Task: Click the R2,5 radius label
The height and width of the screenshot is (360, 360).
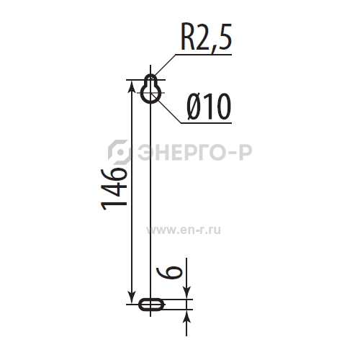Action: tap(207, 37)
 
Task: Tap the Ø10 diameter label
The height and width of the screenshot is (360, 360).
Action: tap(209, 107)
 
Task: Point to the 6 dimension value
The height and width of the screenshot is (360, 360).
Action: tap(169, 273)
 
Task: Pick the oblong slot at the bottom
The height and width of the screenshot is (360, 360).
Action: tap(151, 305)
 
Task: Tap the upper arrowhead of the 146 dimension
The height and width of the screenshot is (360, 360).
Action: tap(132, 86)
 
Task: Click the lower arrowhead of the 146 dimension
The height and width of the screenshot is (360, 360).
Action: tap(132, 298)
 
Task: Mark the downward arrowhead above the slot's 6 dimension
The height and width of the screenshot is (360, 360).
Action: tap(186, 293)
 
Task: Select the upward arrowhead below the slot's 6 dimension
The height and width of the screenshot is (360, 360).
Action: tap(186, 315)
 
